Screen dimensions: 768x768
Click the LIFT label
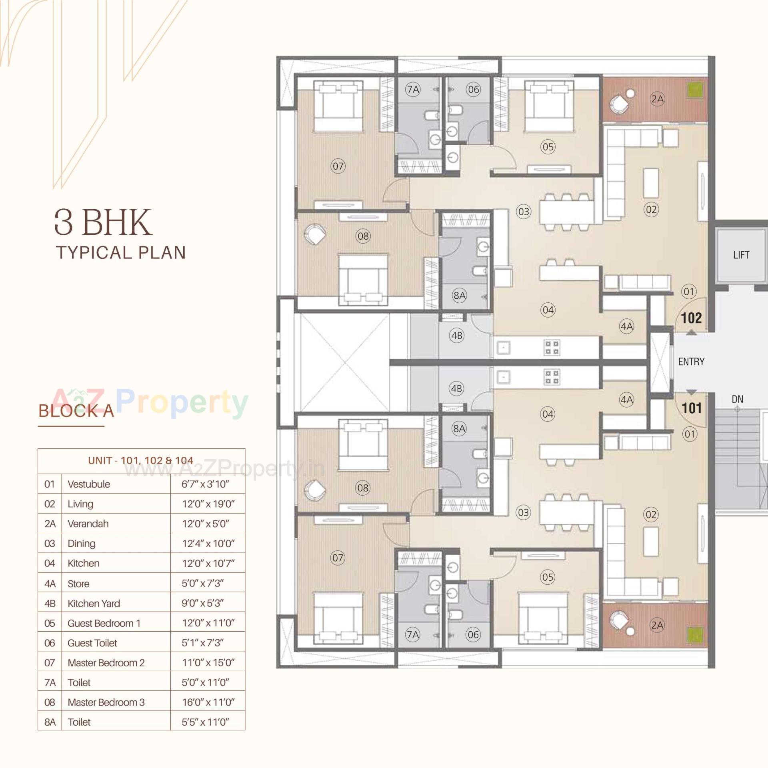(741, 255)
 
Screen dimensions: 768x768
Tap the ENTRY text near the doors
(691, 362)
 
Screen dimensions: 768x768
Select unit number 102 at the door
(692, 318)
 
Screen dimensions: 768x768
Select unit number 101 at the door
(692, 408)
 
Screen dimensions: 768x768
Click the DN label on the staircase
(737, 399)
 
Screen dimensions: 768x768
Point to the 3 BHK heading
(103, 222)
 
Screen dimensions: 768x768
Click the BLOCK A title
(76, 411)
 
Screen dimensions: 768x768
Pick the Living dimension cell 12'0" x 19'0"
(208, 504)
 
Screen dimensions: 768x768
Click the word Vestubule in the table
(89, 484)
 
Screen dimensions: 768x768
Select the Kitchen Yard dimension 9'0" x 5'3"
(202, 603)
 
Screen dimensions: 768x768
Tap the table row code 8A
(50, 722)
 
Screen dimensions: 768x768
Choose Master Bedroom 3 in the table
(106, 702)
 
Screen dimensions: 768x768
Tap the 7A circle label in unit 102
(413, 90)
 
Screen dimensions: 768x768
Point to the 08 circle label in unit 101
(363, 488)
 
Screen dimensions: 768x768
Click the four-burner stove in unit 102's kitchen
(552, 347)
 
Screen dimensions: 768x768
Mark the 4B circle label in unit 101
(456, 388)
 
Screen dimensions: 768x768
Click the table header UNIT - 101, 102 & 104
(141, 460)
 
